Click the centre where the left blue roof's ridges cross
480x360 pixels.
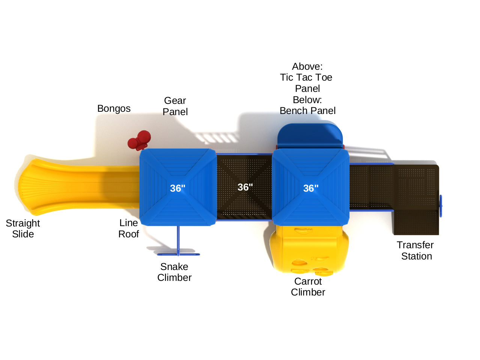pyautogui.click(x=178, y=187)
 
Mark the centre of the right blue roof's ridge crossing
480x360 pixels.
pyautogui.click(x=310, y=187)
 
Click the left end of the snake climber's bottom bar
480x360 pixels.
pyautogui.click(x=158, y=254)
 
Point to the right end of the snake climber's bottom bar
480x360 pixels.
pyautogui.click(x=199, y=254)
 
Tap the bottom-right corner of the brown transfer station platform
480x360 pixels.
pyautogui.click(x=438, y=235)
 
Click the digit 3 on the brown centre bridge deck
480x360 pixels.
pyautogui.click(x=240, y=187)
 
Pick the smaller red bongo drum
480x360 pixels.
pyautogui.click(x=132, y=143)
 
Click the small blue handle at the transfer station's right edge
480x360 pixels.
pyautogui.click(x=441, y=206)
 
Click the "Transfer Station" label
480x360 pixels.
pyautogui.click(x=415, y=250)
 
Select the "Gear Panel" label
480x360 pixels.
pyautogui.click(x=175, y=106)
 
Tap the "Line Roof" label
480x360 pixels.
pyautogui.click(x=129, y=228)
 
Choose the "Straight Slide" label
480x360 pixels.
pyautogui.click(x=23, y=228)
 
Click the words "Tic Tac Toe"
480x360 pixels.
pyautogui.click(x=306, y=77)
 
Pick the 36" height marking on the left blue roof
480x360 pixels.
pyautogui.click(x=178, y=188)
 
